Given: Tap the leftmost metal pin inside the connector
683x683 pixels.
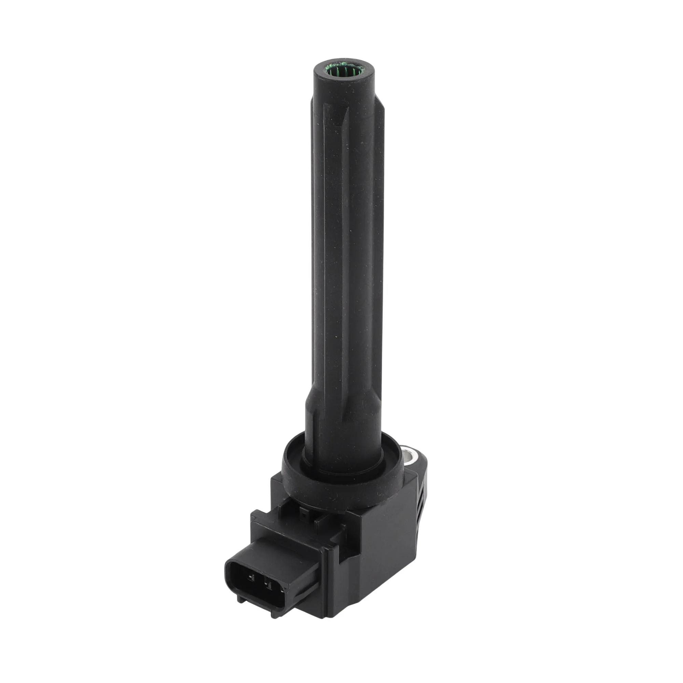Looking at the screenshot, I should pos(252,579).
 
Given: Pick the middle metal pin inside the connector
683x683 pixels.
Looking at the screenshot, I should pos(270,587).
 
